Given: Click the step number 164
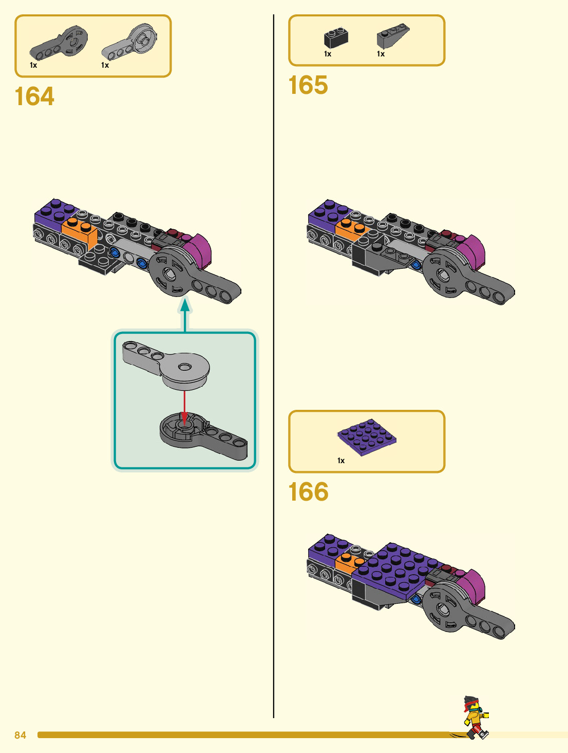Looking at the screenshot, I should [34, 96].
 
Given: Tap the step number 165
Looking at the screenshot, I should [308, 85].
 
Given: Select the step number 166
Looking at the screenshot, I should [308, 492].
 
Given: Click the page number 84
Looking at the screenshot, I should [20, 735].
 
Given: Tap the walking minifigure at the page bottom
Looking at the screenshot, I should [476, 718].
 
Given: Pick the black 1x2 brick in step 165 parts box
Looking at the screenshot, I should [336, 37].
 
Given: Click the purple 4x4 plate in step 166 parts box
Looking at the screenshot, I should [367, 437].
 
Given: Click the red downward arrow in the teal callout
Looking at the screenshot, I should [185, 405].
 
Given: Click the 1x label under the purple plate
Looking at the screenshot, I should [341, 461].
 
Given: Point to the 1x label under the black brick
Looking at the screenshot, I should [328, 54].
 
